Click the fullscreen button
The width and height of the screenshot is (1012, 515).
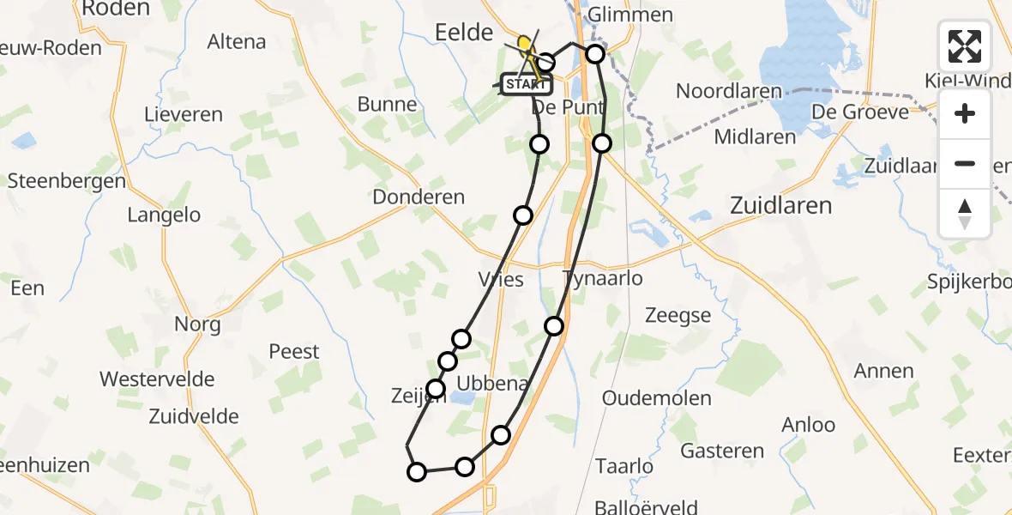pyautogui.click(x=965, y=46)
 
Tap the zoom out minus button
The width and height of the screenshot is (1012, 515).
pyautogui.click(x=965, y=163)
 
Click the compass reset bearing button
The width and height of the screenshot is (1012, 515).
pyautogui.click(x=965, y=213)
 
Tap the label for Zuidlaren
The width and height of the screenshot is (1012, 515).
pyautogui.click(x=780, y=206)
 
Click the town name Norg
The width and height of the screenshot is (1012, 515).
pyautogui.click(x=197, y=324)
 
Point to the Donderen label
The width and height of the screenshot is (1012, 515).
pyautogui.click(x=419, y=197)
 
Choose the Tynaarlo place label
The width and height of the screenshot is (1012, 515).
pyautogui.click(x=602, y=279)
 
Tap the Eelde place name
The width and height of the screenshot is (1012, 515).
pyautogui.click(x=463, y=33)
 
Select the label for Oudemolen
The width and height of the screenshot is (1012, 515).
pyautogui.click(x=657, y=398)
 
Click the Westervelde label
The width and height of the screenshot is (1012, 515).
pyautogui.click(x=157, y=379)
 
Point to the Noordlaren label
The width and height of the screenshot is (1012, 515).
pyautogui.click(x=729, y=91)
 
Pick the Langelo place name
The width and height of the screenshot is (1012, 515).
pyautogui.click(x=164, y=215)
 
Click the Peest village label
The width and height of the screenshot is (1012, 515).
pyautogui.click(x=293, y=352)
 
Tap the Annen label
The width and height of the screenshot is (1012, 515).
pyautogui.click(x=884, y=371)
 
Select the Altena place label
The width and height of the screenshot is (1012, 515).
pyautogui.click(x=237, y=41)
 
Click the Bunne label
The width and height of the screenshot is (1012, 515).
pyautogui.click(x=388, y=106)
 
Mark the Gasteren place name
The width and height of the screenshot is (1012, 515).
pyautogui.click(x=722, y=451)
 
